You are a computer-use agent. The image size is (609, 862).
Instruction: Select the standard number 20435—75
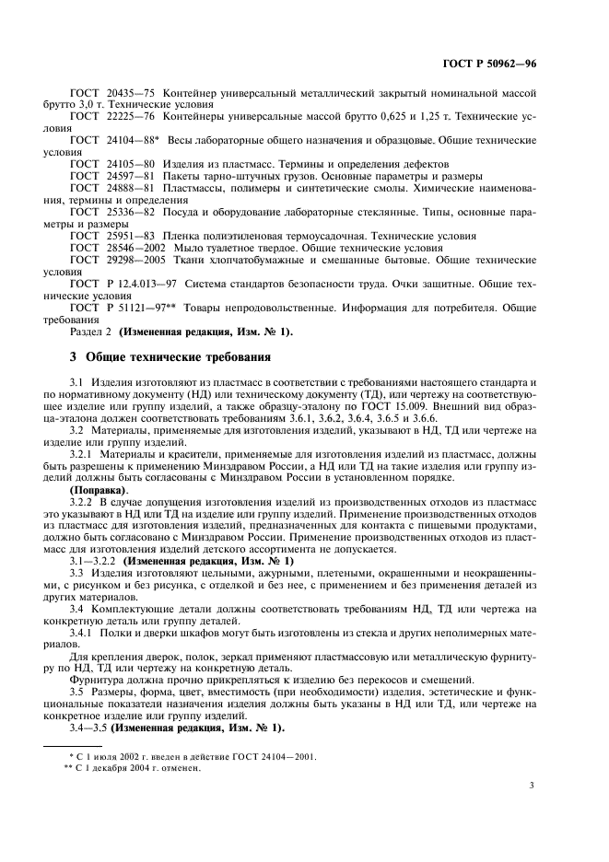point(131,96)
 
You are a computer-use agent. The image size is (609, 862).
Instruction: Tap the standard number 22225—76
point(131,117)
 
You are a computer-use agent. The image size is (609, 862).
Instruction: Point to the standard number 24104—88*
point(133,139)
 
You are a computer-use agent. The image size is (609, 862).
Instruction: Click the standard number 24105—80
point(131,161)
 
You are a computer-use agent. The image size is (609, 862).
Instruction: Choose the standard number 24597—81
point(131,175)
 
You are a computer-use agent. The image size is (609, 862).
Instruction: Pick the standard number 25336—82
point(131,212)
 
